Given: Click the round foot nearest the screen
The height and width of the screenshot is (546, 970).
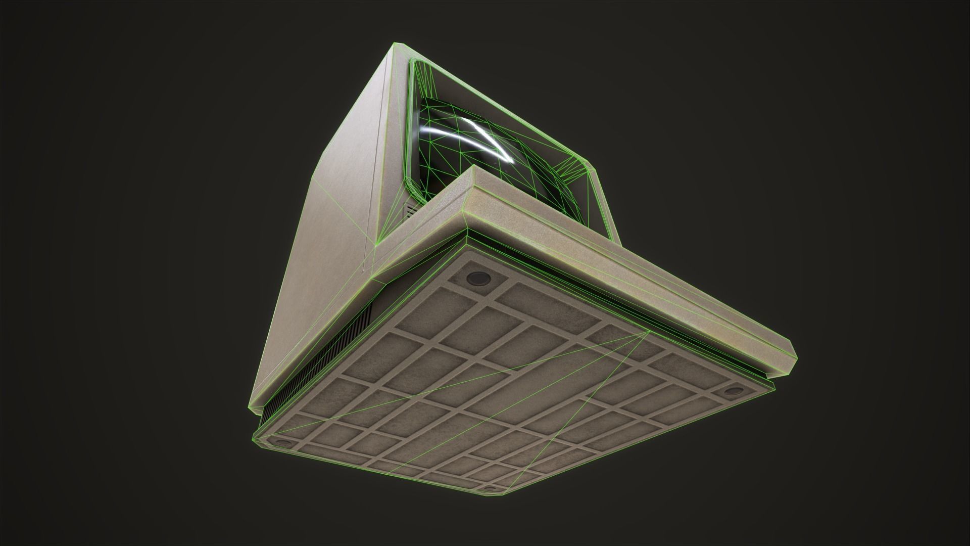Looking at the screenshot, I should tap(477, 278).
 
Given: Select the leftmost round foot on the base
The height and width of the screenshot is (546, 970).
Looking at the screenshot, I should tap(283, 443).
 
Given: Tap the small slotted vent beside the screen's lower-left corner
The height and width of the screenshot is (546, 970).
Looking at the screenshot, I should tap(411, 210).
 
